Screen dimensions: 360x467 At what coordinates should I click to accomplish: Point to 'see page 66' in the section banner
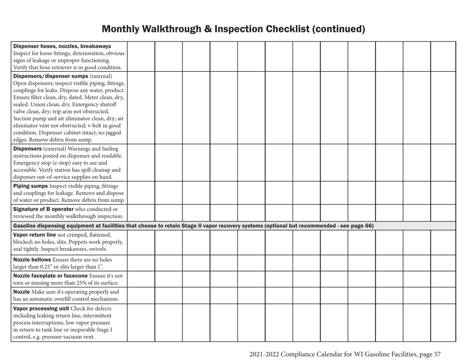(358, 225)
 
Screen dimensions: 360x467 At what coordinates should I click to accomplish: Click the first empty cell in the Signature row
(142, 213)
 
